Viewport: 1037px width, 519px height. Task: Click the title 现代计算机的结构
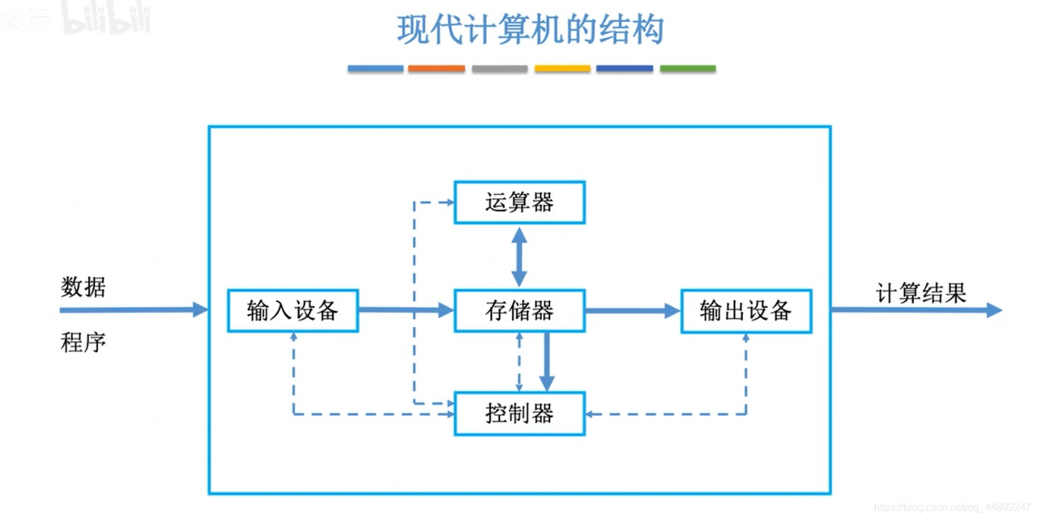[x=531, y=30]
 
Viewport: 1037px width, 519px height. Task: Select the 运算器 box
[x=519, y=202]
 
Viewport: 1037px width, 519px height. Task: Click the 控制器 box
[x=519, y=414]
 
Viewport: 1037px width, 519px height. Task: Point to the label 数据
[x=83, y=287]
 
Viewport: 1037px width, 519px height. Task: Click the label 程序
[x=83, y=342]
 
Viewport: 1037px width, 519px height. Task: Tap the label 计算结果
[x=921, y=293]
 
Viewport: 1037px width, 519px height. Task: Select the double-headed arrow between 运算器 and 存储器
[x=519, y=256]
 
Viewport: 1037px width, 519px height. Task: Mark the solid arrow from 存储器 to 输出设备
[x=632, y=310]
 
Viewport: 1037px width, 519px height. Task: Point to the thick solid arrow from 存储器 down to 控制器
[x=547, y=361]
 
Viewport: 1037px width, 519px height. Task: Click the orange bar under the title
[x=437, y=69]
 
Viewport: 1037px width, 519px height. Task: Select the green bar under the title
[x=688, y=69]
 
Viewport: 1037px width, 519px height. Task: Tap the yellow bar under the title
[x=562, y=69]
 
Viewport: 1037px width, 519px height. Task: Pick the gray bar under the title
[x=500, y=69]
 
